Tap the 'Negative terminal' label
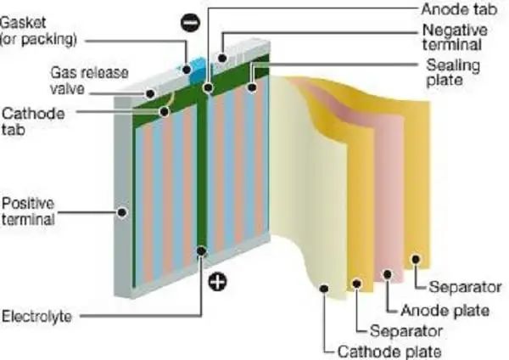[x=452, y=37]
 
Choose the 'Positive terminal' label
[x=27, y=211]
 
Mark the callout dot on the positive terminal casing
[x=123, y=212]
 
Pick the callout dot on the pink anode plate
[x=388, y=273]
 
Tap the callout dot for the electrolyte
[x=201, y=250]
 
